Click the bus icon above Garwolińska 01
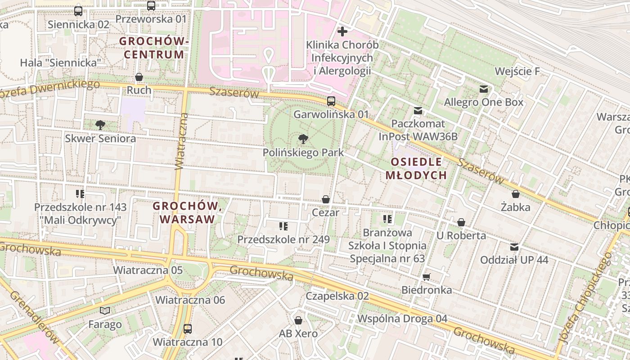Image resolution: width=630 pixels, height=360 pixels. (x=331, y=101)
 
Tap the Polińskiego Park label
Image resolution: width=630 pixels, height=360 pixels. (x=303, y=153)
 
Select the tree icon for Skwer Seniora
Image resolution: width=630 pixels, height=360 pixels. (x=100, y=125)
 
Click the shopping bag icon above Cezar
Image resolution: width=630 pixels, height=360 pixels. (x=325, y=199)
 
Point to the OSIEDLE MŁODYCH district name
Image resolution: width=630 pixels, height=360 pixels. (x=416, y=168)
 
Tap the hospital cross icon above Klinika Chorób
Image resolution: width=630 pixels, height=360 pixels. (x=342, y=31)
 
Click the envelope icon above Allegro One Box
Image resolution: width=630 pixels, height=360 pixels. (x=484, y=89)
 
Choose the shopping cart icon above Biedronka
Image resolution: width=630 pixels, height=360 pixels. (x=427, y=277)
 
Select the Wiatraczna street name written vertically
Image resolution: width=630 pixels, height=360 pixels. (x=181, y=141)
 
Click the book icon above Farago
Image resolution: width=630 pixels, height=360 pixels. (x=105, y=310)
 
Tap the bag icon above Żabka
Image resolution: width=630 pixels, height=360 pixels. (x=516, y=194)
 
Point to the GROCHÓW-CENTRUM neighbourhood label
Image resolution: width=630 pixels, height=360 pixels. (x=153, y=48)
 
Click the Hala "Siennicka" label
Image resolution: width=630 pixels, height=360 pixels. (x=60, y=63)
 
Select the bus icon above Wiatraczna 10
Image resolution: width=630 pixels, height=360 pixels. (x=188, y=328)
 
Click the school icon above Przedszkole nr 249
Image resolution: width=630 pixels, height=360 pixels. (x=283, y=226)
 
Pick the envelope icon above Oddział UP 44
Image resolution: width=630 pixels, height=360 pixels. (x=514, y=247)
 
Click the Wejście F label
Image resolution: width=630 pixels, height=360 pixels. (x=517, y=72)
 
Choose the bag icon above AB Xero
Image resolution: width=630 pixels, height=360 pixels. (x=298, y=320)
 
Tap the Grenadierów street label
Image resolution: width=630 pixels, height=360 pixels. (x=34, y=317)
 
